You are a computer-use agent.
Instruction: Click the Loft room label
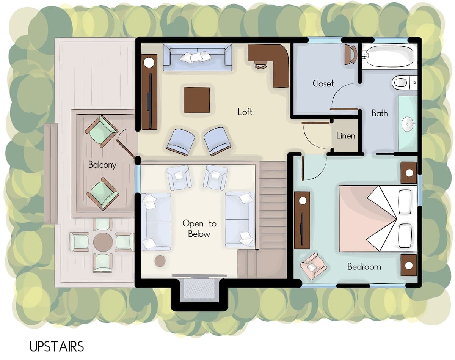pos(245,112)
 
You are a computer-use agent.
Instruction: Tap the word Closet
pos(323,83)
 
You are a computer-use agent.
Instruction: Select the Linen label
pos(346,135)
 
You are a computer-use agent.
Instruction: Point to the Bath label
pos(380,113)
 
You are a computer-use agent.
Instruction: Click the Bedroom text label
pos(364,267)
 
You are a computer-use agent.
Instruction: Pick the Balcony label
pos(102,165)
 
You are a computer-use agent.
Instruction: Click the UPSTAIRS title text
pos(56,346)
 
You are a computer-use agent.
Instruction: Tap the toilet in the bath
pos(404,83)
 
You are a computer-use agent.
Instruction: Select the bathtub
pos(389,56)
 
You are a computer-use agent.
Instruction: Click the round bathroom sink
pos(408,124)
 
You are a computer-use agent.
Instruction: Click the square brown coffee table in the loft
pos(197,100)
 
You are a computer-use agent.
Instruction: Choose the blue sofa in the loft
pos(198,57)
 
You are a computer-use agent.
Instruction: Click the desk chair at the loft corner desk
pos(261,64)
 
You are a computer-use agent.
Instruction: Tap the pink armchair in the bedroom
pos(313,266)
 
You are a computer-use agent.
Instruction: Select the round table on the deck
pos(103,242)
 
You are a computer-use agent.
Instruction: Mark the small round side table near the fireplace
pos(160,261)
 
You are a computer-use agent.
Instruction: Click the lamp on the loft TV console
pos(149,62)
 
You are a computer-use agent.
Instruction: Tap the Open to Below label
pos(199,228)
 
